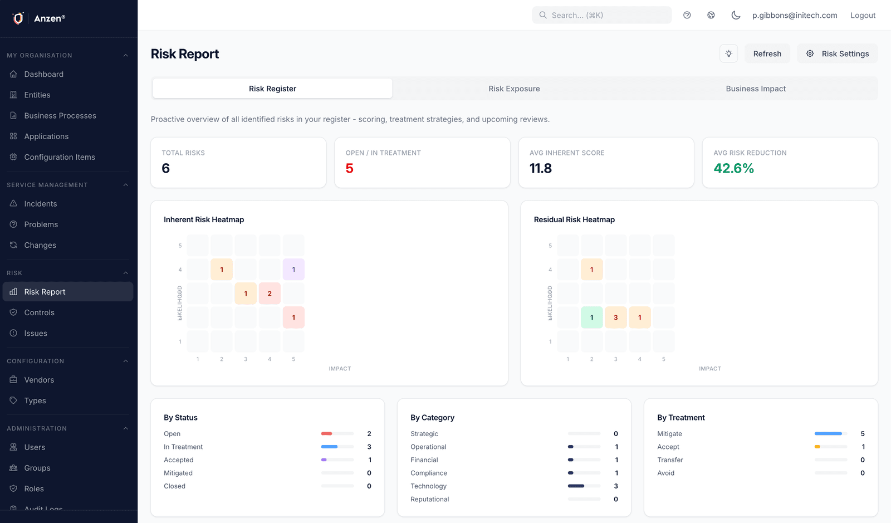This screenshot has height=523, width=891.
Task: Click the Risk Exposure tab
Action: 514,89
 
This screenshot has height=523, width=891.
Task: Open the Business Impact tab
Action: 756,89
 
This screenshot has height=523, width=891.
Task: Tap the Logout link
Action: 863,15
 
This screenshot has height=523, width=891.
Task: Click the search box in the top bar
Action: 601,15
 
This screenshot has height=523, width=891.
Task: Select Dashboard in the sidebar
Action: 44,74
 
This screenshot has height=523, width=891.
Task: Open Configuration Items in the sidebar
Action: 60,157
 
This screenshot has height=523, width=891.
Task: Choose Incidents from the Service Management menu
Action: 41,204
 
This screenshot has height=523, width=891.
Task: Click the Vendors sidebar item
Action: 39,380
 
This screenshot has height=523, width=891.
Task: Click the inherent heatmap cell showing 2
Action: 270,294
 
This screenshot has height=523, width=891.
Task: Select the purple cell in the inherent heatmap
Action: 293,270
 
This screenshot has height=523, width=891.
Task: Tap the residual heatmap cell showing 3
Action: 615,317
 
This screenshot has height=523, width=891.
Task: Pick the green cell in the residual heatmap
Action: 591,317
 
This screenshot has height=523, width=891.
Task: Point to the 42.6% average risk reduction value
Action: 733,168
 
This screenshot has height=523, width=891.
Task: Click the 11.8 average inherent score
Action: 540,168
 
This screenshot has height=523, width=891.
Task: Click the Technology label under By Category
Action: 428,486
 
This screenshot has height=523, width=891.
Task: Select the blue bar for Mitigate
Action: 828,433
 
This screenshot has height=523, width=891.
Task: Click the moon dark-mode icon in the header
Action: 736,15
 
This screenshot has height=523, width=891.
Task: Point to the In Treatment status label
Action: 183,447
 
